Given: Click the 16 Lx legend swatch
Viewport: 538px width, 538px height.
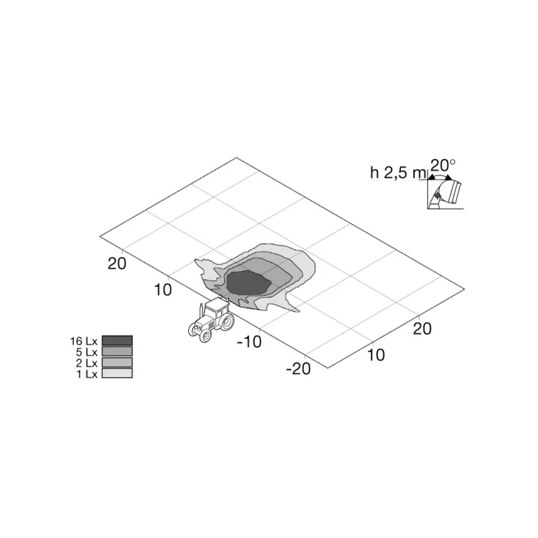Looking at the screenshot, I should pyautogui.click(x=117, y=340).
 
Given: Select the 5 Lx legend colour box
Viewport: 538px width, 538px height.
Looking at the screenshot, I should pyautogui.click(x=117, y=351).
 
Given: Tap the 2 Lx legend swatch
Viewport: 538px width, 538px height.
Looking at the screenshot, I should pyautogui.click(x=117, y=362).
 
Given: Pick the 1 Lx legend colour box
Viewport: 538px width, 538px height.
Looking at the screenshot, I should pyautogui.click(x=117, y=373).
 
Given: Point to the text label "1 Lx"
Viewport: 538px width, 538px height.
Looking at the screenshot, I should pyautogui.click(x=88, y=373).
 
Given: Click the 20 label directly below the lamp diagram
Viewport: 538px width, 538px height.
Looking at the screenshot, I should pyautogui.click(x=422, y=328).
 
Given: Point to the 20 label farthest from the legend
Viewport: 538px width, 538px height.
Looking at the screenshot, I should pyautogui.click(x=422, y=328).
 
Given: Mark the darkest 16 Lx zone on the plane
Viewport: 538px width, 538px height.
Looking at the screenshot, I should pyautogui.click(x=247, y=281).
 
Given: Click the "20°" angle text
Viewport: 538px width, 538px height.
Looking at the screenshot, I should pyautogui.click(x=443, y=163).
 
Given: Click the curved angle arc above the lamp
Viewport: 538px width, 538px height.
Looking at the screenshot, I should pyautogui.click(x=440, y=176).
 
